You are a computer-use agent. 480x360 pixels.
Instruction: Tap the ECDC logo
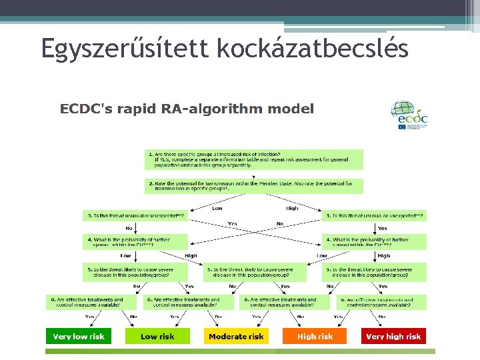(x=409, y=115)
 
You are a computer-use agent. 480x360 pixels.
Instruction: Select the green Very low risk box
(x=79, y=337)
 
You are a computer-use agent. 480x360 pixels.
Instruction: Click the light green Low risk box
(x=157, y=337)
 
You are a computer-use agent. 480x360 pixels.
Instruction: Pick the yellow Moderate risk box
(x=236, y=337)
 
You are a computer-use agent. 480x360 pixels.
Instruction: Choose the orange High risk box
(x=315, y=337)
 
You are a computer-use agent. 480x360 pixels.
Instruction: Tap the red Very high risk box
(x=393, y=337)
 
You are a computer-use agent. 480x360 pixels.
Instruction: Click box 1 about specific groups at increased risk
(x=254, y=159)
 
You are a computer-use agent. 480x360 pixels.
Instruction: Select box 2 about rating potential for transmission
(x=254, y=186)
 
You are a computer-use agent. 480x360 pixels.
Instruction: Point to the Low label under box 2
(x=217, y=209)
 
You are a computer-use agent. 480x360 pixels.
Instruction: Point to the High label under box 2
(x=292, y=209)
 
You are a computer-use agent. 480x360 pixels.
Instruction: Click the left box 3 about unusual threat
(x=135, y=216)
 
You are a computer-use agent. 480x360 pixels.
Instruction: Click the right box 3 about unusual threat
(x=374, y=216)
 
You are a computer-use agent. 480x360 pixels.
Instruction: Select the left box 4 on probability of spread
(x=135, y=241)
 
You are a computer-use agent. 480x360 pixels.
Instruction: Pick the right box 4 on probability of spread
(x=374, y=241)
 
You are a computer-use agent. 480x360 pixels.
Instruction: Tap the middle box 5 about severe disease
(x=255, y=272)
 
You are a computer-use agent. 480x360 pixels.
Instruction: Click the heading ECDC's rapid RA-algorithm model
(x=187, y=109)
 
